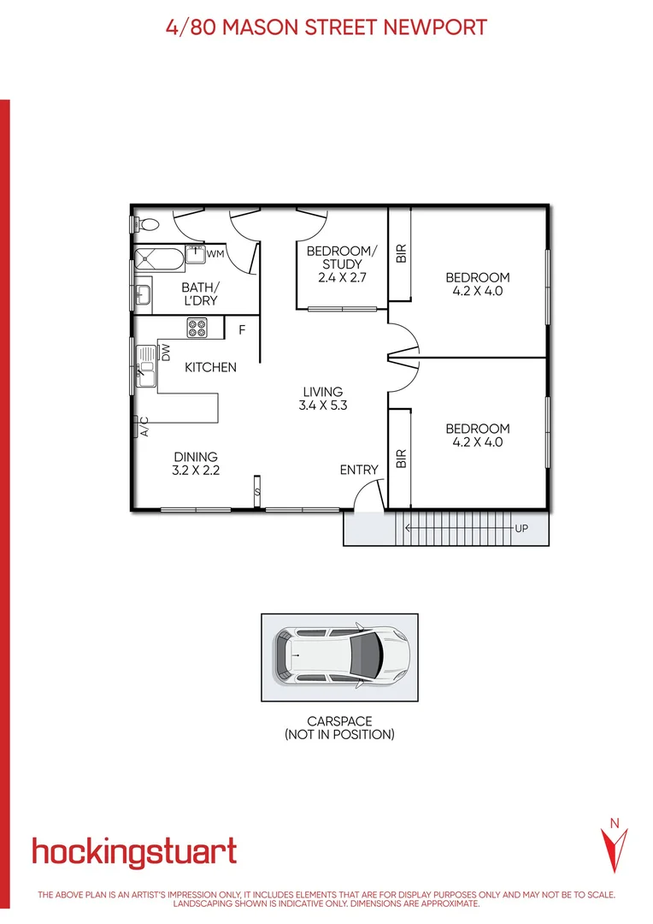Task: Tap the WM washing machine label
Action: pyautogui.click(x=215, y=254)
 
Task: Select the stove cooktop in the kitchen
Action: pyautogui.click(x=198, y=328)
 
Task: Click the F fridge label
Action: pyautogui.click(x=242, y=329)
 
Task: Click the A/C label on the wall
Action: pyautogui.click(x=144, y=426)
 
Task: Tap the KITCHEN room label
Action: pyautogui.click(x=211, y=367)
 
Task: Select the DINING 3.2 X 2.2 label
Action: pyautogui.click(x=196, y=463)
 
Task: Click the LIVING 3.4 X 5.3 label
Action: pyautogui.click(x=322, y=399)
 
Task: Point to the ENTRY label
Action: pyautogui.click(x=358, y=470)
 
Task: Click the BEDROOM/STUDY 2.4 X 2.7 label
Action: pyautogui.click(x=341, y=264)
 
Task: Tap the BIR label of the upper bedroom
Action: pyautogui.click(x=401, y=253)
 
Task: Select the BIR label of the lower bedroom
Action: pyautogui.click(x=401, y=459)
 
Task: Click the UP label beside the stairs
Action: pyautogui.click(x=521, y=529)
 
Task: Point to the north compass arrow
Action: pyautogui.click(x=614, y=846)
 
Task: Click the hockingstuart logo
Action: pyautogui.click(x=134, y=852)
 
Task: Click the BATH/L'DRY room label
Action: pyautogui.click(x=200, y=294)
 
